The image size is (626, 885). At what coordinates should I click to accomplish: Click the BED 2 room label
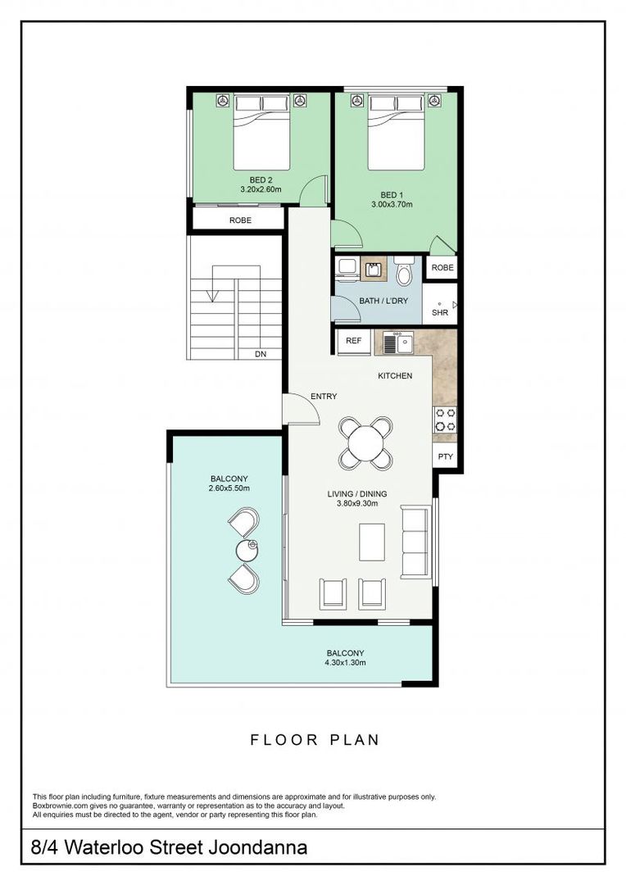pos(261,179)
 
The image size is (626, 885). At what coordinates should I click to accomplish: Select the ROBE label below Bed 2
pos(240,220)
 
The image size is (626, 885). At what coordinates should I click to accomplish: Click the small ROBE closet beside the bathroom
pos(442,268)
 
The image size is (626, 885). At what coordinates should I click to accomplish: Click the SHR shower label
pos(440,312)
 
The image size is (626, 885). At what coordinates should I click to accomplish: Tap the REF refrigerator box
pos(354,341)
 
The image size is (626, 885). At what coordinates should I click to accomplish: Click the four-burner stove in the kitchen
pos(445,420)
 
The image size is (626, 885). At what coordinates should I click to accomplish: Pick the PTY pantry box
pos(445,457)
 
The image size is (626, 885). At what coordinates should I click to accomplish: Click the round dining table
pos(366,443)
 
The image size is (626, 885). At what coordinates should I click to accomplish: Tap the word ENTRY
pos(324,397)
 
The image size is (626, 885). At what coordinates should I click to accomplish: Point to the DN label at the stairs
pos(261,355)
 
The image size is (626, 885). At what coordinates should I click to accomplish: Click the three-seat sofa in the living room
pos(414,541)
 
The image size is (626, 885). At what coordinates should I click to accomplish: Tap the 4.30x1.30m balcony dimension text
pos(344,663)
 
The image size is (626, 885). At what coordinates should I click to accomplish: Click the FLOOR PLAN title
pos(315,740)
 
